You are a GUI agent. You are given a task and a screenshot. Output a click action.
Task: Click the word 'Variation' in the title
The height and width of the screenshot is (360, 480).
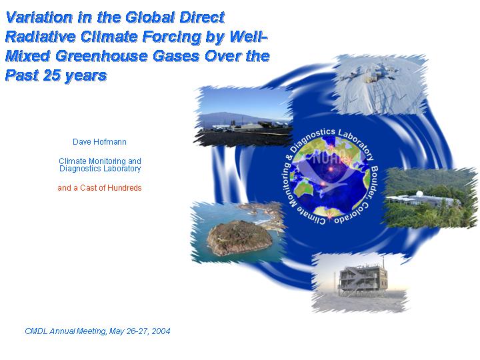tap(39, 17)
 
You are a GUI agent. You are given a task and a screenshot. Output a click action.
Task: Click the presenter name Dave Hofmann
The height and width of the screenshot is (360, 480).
tap(99, 142)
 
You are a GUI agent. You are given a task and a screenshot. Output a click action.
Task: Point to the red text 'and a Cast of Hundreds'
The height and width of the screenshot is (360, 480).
tap(99, 187)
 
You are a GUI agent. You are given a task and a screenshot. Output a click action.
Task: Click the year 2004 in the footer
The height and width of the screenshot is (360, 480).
tap(161, 331)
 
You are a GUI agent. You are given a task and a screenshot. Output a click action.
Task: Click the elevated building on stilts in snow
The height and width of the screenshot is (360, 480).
tap(363, 280)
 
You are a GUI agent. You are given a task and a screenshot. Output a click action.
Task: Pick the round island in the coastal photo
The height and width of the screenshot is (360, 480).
tap(239, 238)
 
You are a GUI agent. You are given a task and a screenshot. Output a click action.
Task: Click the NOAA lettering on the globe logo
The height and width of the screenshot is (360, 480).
tap(330, 158)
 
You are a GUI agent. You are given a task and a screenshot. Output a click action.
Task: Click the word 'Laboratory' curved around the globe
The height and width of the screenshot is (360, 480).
tap(357, 143)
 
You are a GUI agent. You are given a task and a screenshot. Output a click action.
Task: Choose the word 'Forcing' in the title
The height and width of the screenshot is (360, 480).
tap(172, 37)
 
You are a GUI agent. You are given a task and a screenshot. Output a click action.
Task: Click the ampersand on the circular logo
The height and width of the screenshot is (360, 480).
tap(289, 157)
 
